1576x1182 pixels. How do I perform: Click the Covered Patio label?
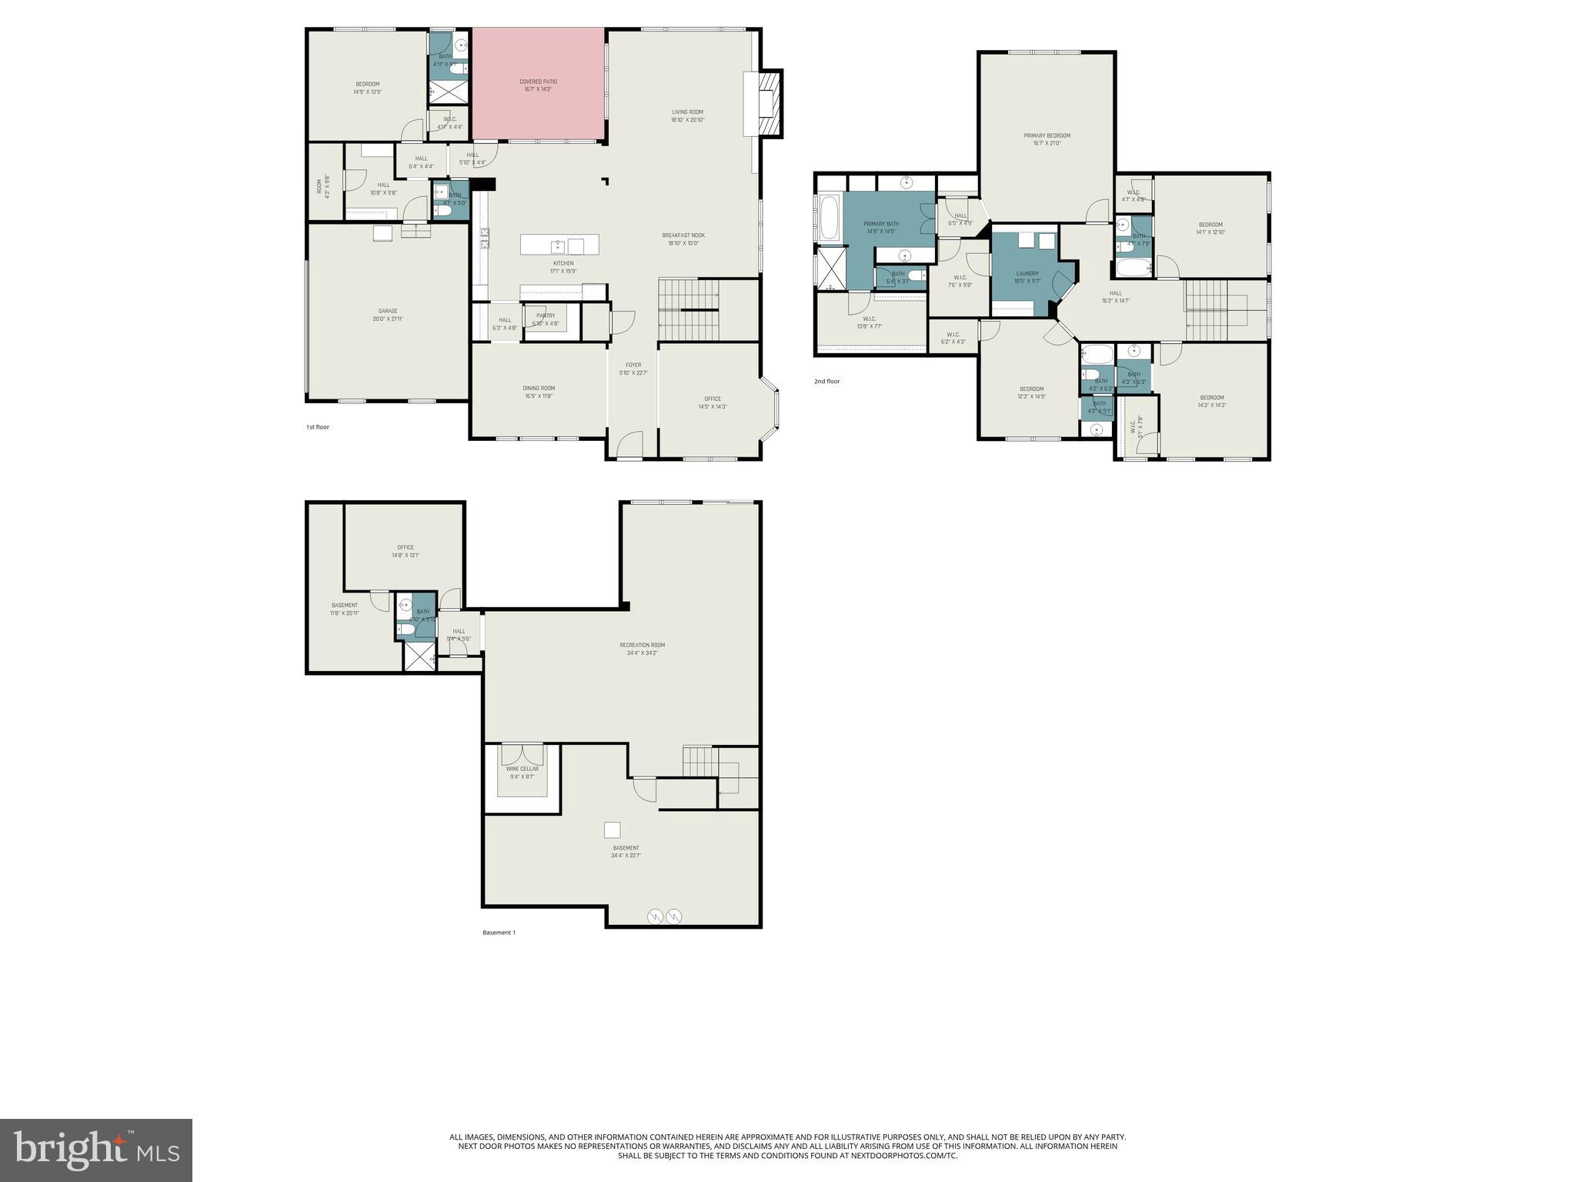(538, 85)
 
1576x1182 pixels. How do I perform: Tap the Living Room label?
(687, 115)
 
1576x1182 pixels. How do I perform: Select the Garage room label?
(388, 315)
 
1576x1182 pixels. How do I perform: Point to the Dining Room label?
(539, 392)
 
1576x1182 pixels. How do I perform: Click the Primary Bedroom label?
(1047, 139)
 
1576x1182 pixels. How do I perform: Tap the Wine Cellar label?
(522, 772)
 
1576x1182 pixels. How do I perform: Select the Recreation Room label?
(642, 649)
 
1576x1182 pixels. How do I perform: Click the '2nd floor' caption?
(827, 381)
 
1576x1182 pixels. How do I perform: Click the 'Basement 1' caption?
(499, 932)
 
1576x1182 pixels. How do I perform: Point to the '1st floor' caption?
(318, 426)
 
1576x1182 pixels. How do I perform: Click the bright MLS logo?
(96, 1150)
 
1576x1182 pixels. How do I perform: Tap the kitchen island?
(559, 245)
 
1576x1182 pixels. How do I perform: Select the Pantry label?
(546, 319)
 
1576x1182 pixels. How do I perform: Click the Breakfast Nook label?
(683, 239)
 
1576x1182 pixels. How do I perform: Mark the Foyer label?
(633, 369)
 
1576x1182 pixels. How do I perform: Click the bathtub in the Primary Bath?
(830, 219)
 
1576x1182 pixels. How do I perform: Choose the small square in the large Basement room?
(612, 830)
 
